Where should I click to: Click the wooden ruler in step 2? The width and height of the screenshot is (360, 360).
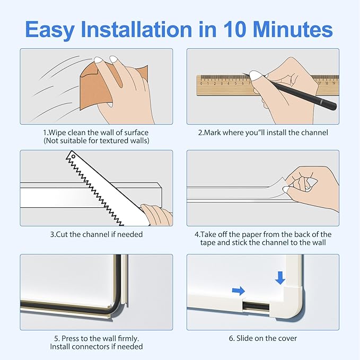(x=223, y=83)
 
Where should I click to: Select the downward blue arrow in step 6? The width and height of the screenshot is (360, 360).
(x=280, y=277)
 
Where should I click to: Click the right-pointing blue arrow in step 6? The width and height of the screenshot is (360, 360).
(x=239, y=291)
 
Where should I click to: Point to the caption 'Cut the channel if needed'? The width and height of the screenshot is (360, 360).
(x=96, y=234)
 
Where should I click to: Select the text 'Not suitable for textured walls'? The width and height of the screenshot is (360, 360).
(x=96, y=141)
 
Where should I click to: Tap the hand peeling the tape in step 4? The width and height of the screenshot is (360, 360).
(x=313, y=183)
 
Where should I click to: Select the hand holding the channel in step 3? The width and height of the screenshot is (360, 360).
(x=156, y=215)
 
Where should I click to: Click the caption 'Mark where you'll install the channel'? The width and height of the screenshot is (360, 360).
(x=263, y=132)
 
